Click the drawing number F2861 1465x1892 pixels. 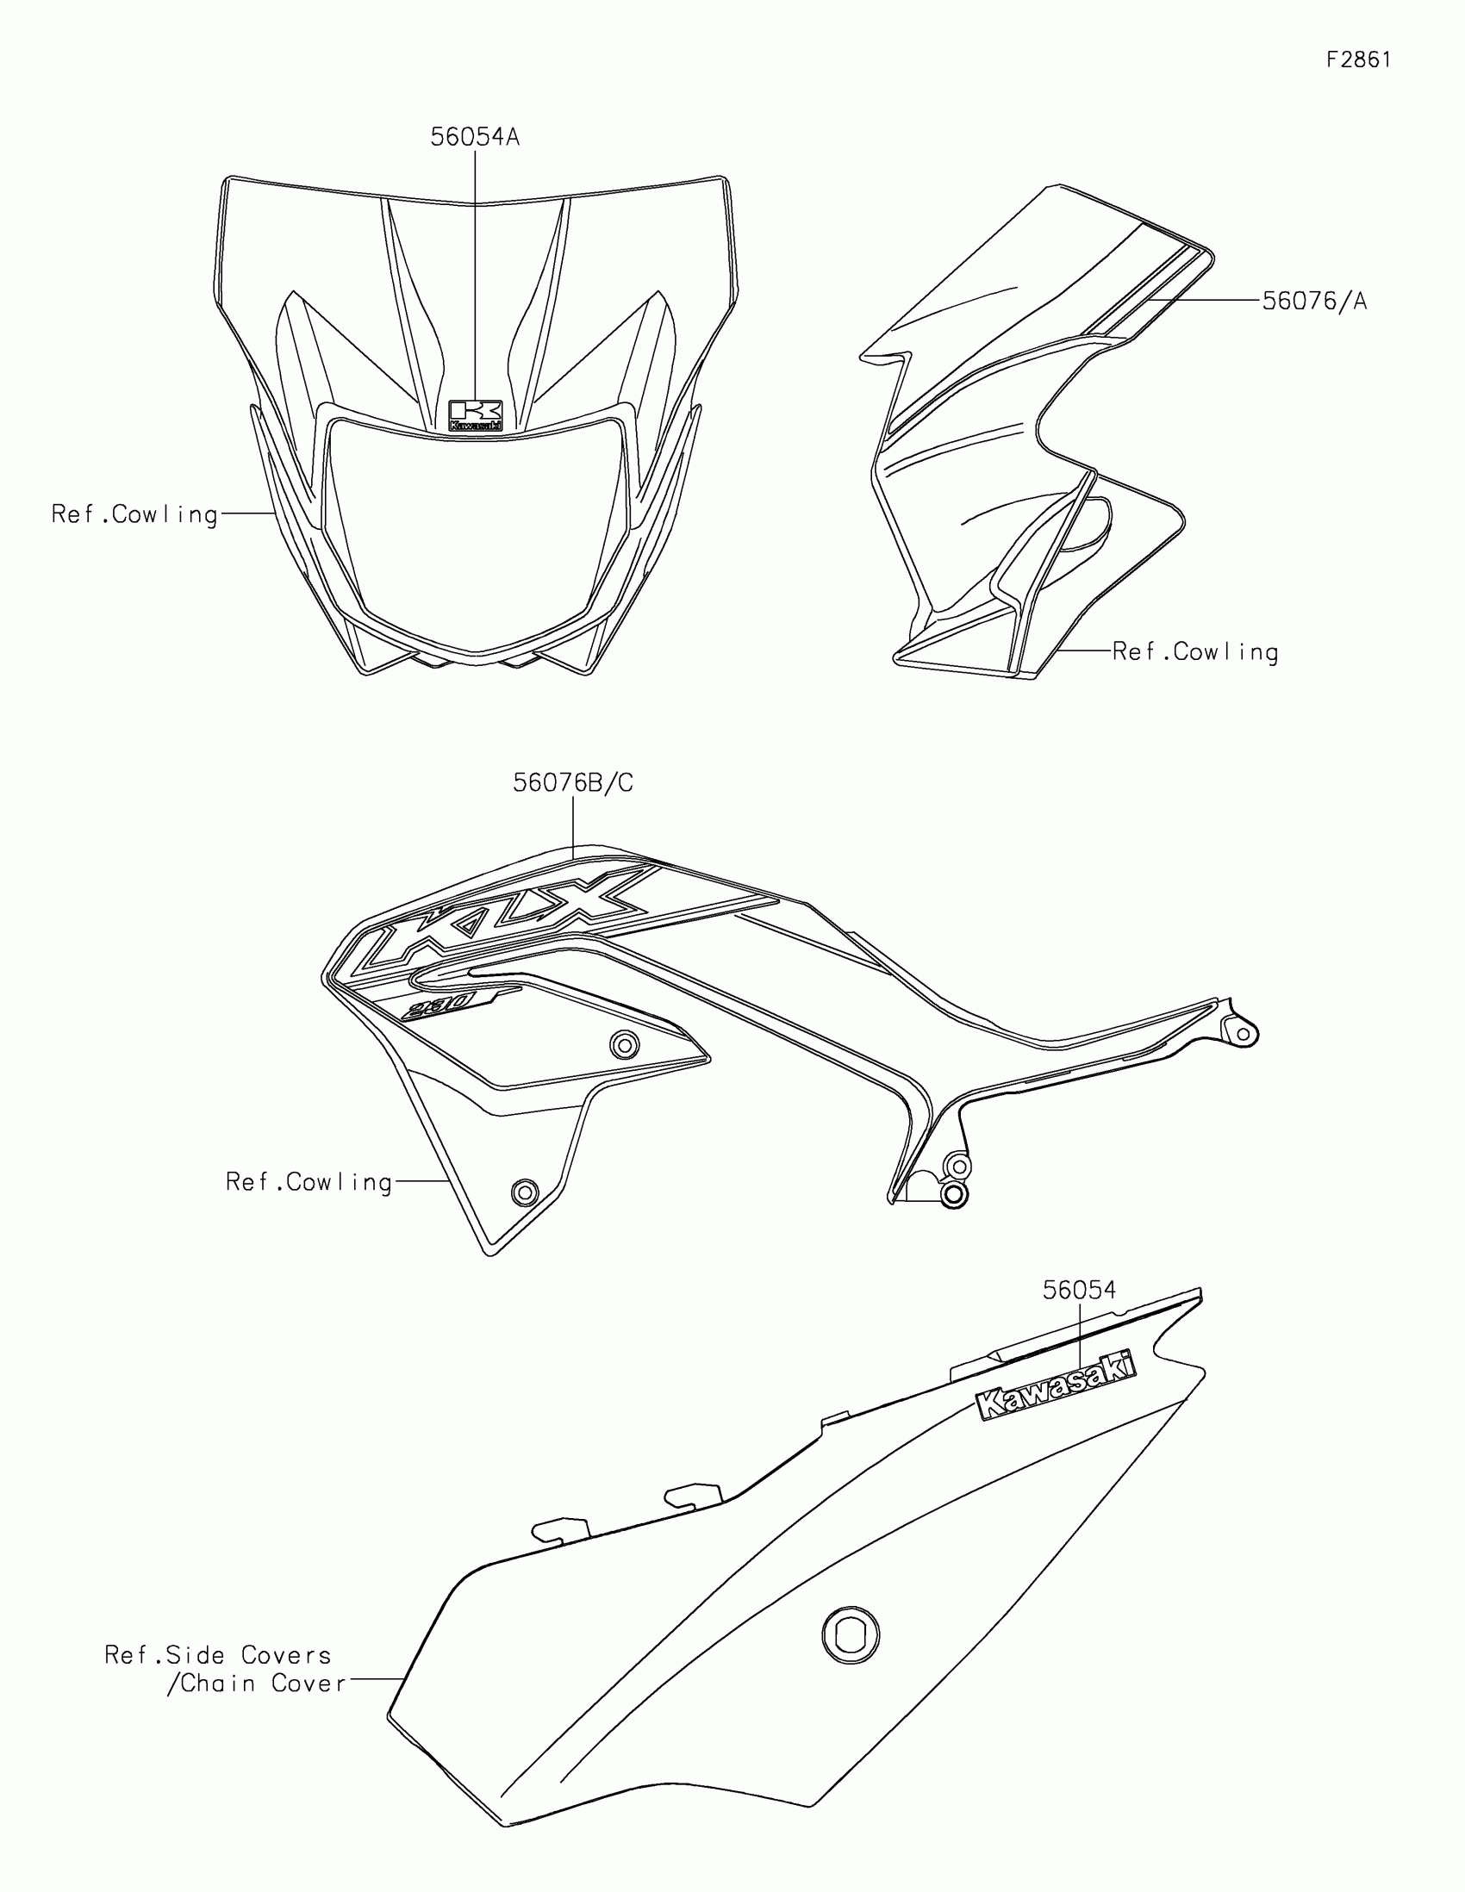(1358, 59)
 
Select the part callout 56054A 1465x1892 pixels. (475, 137)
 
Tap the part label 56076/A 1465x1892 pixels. (1313, 301)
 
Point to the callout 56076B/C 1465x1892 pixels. (573, 783)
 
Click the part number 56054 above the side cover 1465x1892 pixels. (1079, 1291)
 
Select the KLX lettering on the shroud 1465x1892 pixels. (511, 918)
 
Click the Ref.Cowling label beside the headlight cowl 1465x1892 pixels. (134, 514)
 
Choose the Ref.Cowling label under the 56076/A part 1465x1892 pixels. (1194, 651)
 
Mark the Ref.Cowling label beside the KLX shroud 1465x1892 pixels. (309, 1181)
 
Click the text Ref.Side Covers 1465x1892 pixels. (217, 1656)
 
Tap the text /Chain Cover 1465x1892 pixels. (257, 1684)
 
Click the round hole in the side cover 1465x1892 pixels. (850, 1634)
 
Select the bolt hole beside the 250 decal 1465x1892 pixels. (624, 1045)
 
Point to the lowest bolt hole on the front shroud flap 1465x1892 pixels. (524, 1192)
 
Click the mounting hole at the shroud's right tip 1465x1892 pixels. (1244, 1034)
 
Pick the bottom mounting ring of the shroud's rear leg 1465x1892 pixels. (953, 1194)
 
